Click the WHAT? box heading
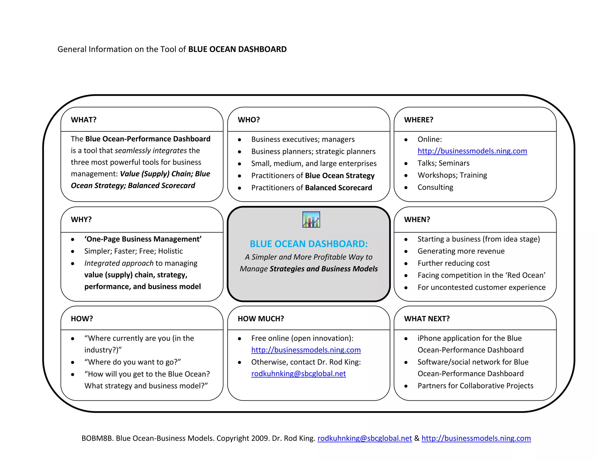(x=83, y=120)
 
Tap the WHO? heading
(x=249, y=120)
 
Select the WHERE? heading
(x=419, y=120)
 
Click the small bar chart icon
(x=311, y=219)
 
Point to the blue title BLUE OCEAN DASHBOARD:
(x=309, y=244)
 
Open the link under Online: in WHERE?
(x=472, y=151)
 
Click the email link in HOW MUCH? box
(x=298, y=374)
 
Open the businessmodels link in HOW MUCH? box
(x=306, y=350)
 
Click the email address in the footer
(x=364, y=438)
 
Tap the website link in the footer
(x=476, y=438)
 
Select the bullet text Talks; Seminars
(x=443, y=163)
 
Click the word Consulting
(x=435, y=187)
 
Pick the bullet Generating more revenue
(x=461, y=251)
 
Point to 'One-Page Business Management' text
(x=143, y=239)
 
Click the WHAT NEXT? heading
(x=427, y=319)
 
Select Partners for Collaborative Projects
(x=475, y=386)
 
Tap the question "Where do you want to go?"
(x=133, y=362)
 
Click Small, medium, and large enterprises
(x=314, y=163)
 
